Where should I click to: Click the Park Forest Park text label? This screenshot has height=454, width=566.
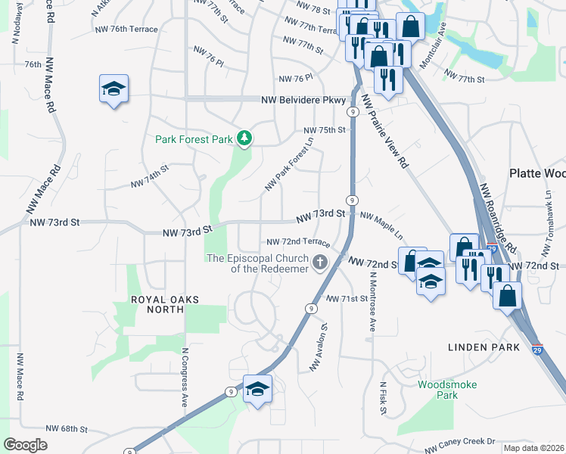194,139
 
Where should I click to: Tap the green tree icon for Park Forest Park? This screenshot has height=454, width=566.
244,138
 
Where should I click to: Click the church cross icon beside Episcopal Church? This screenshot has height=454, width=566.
320,263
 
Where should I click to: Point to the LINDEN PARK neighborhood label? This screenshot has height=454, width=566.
484,347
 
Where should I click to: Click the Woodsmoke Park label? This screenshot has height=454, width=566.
447,390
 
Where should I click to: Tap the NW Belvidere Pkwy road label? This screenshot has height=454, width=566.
303,100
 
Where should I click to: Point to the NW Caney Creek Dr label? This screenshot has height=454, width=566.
465,442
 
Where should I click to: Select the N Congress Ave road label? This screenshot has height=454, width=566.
184,377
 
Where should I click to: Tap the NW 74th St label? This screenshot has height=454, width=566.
149,179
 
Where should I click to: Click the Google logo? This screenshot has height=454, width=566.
26,445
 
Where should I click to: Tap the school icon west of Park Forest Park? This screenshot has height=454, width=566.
114,89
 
